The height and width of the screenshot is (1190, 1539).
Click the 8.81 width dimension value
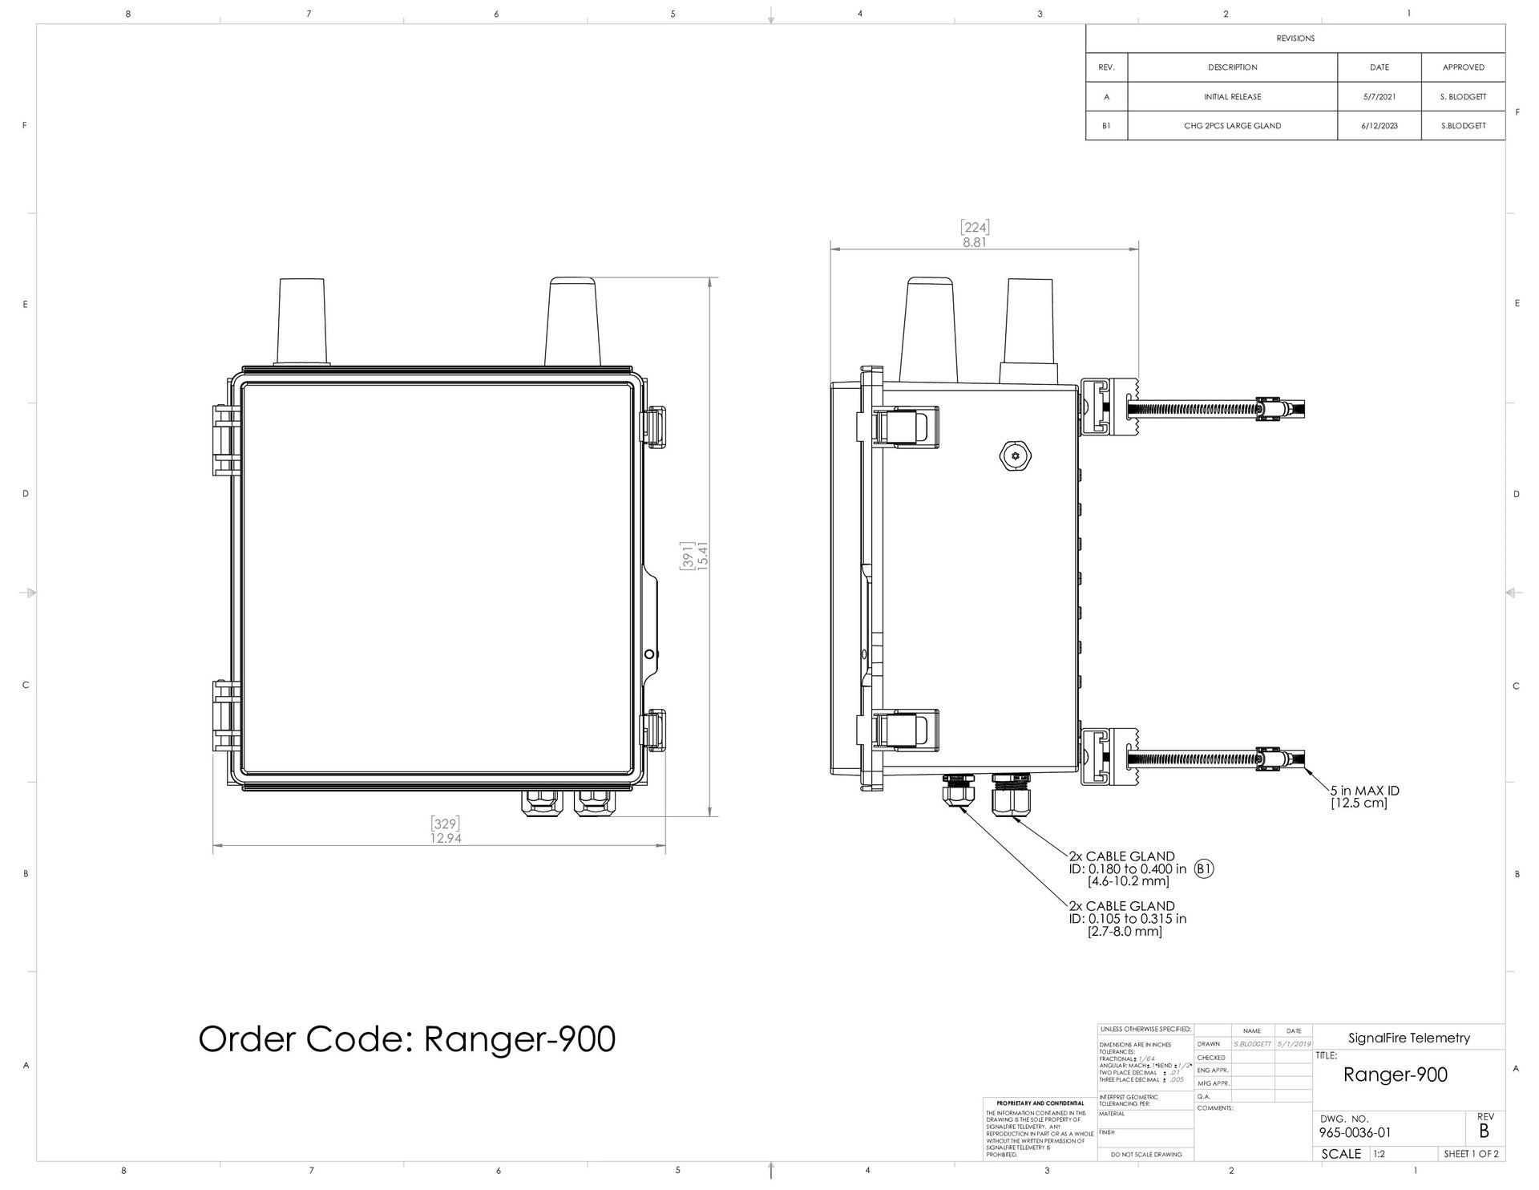975,242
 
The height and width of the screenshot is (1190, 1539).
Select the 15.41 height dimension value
704,555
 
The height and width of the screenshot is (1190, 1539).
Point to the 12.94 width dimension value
446,838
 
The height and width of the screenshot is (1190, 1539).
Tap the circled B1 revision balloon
1204,868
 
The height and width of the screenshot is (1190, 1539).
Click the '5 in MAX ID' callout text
1364,791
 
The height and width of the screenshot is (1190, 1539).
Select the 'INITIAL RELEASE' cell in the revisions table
1232,97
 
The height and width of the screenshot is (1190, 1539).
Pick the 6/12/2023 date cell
1379,126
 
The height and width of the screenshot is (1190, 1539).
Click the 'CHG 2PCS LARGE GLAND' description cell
1232,126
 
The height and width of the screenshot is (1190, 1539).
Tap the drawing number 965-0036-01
1355,1133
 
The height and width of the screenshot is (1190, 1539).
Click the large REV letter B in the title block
1484,1131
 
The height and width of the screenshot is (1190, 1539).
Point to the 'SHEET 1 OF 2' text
1470,1154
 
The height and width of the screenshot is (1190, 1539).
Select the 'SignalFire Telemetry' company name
1409,1038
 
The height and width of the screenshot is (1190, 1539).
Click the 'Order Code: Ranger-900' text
406,1039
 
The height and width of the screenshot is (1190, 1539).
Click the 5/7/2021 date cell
1379,97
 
